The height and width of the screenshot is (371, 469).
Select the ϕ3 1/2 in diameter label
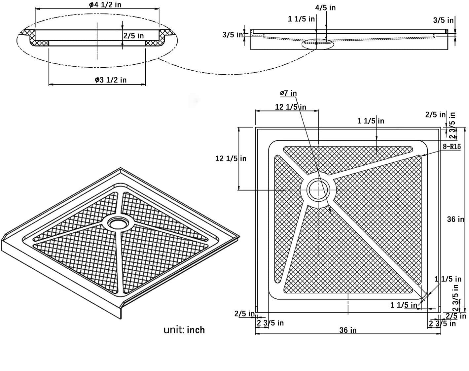(x=110, y=80)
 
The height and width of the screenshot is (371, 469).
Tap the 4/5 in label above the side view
(x=325, y=7)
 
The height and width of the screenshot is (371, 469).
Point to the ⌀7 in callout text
(x=288, y=93)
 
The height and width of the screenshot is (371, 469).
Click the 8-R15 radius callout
(x=451, y=147)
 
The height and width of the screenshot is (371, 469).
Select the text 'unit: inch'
(x=184, y=330)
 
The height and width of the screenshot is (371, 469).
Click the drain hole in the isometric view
(x=117, y=223)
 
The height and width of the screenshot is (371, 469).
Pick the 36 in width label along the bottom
(x=348, y=330)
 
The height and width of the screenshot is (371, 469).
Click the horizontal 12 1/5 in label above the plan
(x=290, y=107)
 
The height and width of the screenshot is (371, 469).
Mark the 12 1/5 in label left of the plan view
(x=231, y=158)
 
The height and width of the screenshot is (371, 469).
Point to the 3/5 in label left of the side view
(x=233, y=34)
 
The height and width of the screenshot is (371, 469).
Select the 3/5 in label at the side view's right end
(x=443, y=20)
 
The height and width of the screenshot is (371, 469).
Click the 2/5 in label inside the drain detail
(x=134, y=35)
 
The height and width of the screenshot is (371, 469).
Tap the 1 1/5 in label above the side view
(x=301, y=19)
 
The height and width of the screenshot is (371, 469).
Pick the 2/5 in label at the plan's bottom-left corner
(x=244, y=314)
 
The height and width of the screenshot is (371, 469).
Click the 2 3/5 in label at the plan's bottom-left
(x=270, y=323)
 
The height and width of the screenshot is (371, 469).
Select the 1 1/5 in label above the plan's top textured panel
(x=371, y=121)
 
